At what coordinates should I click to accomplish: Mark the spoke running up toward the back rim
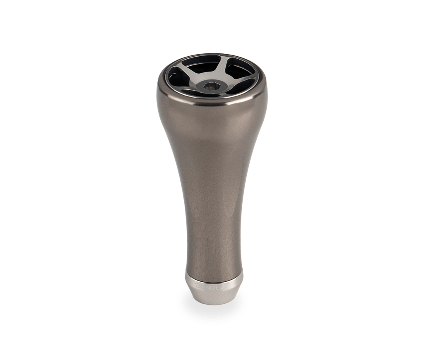click(222, 66)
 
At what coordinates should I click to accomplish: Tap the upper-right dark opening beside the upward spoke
click(240, 69)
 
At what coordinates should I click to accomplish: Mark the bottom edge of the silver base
click(213, 304)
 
